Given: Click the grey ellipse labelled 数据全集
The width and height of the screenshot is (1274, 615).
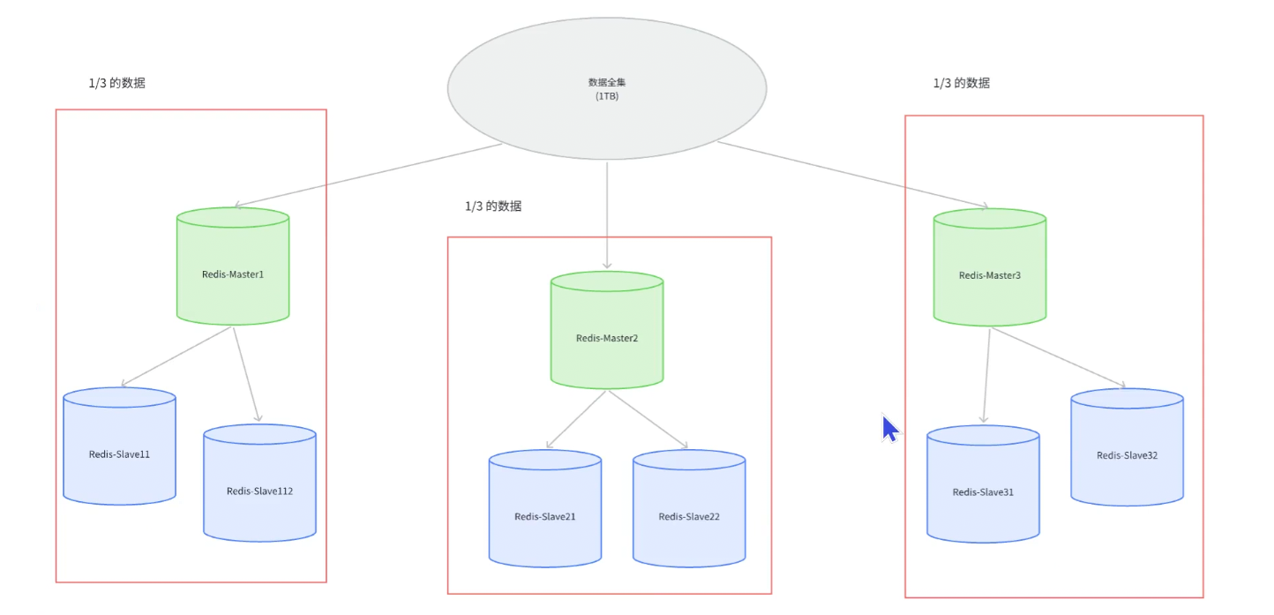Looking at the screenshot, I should tap(607, 88).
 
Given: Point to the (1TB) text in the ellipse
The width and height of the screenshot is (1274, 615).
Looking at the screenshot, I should tap(607, 95).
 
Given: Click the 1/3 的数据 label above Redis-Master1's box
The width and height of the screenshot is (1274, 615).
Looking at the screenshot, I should tap(116, 83).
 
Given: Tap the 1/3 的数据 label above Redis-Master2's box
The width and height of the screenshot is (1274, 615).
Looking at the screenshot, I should tap(493, 206).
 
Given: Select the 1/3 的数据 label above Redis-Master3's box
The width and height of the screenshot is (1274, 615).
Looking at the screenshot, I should tap(961, 83).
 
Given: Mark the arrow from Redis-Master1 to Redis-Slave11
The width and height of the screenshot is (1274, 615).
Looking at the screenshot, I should tap(177, 357).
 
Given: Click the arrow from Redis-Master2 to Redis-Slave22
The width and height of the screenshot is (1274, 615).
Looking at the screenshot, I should tap(648, 419).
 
